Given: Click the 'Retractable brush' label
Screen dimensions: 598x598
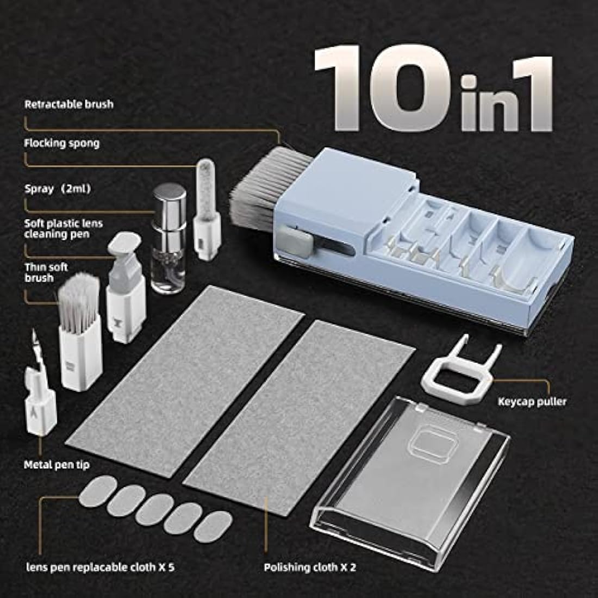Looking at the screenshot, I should [x=69, y=104].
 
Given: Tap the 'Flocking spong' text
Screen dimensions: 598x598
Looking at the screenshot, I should [x=62, y=144].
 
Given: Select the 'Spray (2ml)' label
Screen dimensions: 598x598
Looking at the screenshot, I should [x=57, y=189].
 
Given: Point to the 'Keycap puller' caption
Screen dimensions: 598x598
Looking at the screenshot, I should [x=532, y=402].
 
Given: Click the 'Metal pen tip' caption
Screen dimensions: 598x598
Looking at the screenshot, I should [x=57, y=465].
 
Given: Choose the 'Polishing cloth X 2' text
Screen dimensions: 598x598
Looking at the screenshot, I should [x=310, y=568].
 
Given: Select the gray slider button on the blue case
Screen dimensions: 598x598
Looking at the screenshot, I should [x=297, y=240].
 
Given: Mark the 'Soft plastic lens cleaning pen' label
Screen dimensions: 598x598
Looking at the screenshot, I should [x=63, y=229].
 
